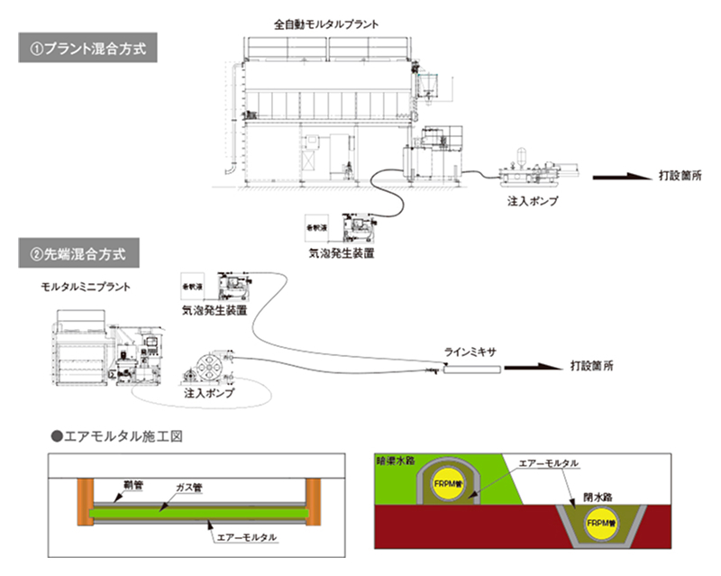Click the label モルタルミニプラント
click(x=85, y=287)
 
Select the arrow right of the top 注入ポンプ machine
click(x=621, y=176)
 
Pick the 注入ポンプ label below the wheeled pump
click(x=209, y=394)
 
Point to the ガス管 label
click(x=190, y=489)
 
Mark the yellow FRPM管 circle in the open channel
click(x=598, y=524)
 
